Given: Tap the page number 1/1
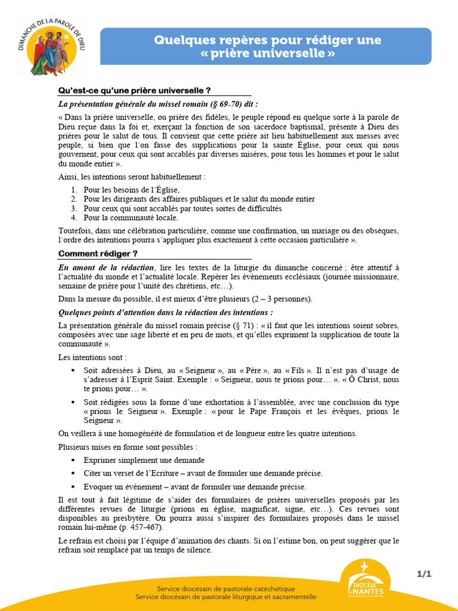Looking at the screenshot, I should (423, 574).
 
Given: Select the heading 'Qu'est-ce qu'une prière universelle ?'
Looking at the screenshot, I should (134, 91).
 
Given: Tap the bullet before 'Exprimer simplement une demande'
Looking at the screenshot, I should (73, 460).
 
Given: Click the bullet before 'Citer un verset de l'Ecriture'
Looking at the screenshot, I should (73, 473).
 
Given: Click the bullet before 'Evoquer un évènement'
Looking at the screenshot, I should (73, 487).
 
